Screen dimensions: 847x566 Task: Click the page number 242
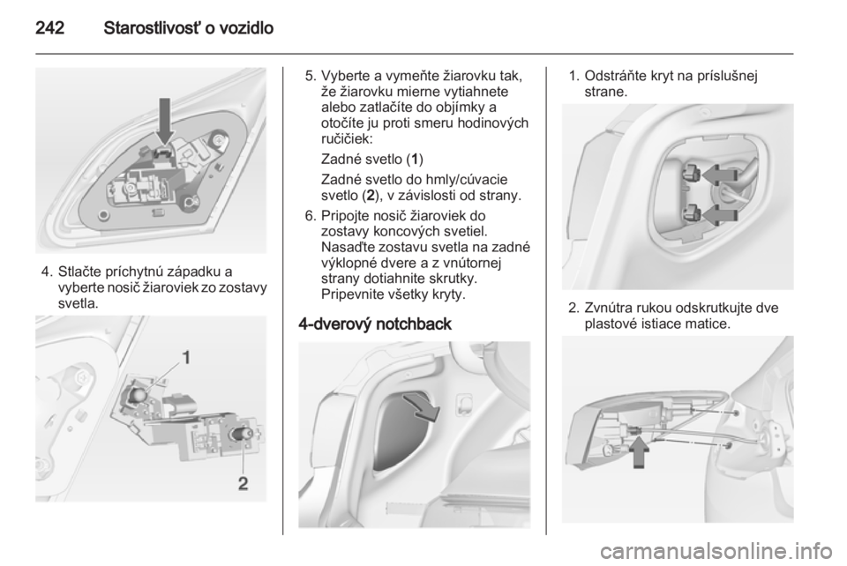click(50, 28)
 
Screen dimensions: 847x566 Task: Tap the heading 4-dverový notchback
click(375, 324)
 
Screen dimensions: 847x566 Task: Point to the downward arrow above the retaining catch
click(166, 122)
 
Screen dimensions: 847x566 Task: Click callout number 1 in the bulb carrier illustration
click(185, 357)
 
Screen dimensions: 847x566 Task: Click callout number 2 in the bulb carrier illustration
click(244, 483)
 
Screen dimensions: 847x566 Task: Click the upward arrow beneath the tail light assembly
click(639, 452)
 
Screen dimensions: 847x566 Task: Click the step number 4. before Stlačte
click(47, 272)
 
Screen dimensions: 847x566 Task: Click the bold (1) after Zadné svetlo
click(414, 160)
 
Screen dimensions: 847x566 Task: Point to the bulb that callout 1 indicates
click(139, 395)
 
